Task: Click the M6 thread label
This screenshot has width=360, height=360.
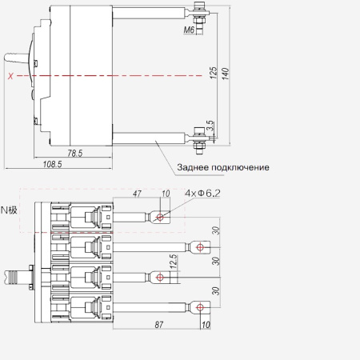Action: pyautogui.click(x=189, y=30)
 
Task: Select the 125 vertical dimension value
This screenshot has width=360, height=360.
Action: pyautogui.click(x=214, y=73)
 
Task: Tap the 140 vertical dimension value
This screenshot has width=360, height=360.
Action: pyautogui.click(x=226, y=74)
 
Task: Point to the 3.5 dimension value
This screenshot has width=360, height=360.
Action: pyautogui.click(x=210, y=126)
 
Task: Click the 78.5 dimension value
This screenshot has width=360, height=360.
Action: pyautogui.click(x=75, y=153)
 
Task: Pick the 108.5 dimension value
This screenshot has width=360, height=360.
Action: pyautogui.click(x=53, y=164)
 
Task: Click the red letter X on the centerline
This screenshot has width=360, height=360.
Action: pyautogui.click(x=10, y=76)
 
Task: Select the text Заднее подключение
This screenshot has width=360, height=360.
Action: pyautogui.click(x=223, y=167)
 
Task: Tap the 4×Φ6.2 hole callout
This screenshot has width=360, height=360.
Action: pyautogui.click(x=203, y=193)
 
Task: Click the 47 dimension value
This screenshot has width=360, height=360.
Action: pyautogui.click(x=137, y=194)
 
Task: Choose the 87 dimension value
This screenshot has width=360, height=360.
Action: pyautogui.click(x=159, y=325)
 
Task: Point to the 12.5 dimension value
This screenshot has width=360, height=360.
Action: pyautogui.click(x=174, y=261)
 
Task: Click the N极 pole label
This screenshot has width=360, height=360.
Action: pyautogui.click(x=9, y=210)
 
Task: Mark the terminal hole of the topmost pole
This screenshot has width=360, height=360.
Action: pyautogui.click(x=160, y=217)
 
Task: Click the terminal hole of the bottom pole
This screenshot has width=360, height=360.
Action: pyautogui.click(x=200, y=307)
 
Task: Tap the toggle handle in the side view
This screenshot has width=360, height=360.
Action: pyautogui.click(x=16, y=58)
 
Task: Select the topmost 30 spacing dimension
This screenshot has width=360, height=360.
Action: pyautogui.click(x=216, y=230)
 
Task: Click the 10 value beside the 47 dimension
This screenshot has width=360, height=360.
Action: pyautogui.click(x=166, y=194)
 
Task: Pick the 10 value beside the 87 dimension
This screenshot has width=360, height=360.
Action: pyautogui.click(x=206, y=325)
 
